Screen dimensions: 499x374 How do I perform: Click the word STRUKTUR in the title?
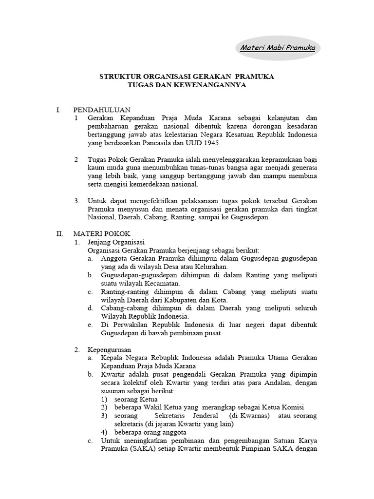pos(118,77)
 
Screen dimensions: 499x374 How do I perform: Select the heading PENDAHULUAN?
pos(102,110)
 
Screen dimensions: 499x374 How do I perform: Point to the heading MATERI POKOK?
pos(101,234)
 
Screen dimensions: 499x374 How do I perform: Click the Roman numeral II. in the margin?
pos(60,234)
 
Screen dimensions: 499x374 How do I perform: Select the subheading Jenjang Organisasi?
pos(116,242)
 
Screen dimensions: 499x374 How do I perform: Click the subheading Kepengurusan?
pos(109,349)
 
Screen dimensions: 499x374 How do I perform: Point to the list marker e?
pos(90,325)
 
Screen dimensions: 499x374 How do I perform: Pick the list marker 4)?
pos(104,432)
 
